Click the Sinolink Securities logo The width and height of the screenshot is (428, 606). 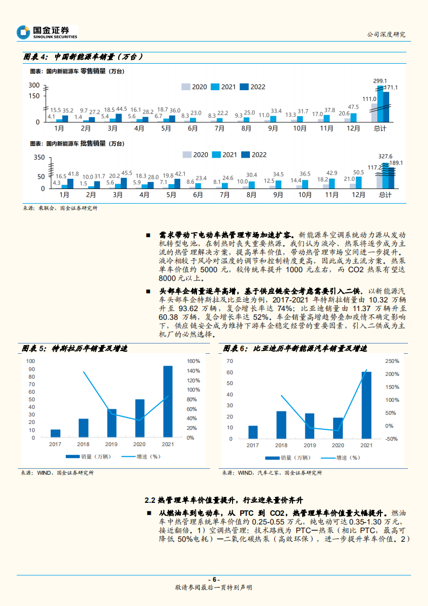pos(47,32)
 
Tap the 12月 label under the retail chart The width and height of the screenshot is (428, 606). pos(353,129)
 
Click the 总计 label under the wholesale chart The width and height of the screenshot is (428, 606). pos(385,195)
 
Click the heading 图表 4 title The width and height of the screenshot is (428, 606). pos(83,57)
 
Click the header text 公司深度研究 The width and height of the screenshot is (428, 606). pos(386,34)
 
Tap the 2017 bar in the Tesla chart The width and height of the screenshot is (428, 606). pos(56,433)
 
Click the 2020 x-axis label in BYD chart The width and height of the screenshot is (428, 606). pos(338,446)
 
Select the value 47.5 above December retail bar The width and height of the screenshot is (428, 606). pos(354,106)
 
